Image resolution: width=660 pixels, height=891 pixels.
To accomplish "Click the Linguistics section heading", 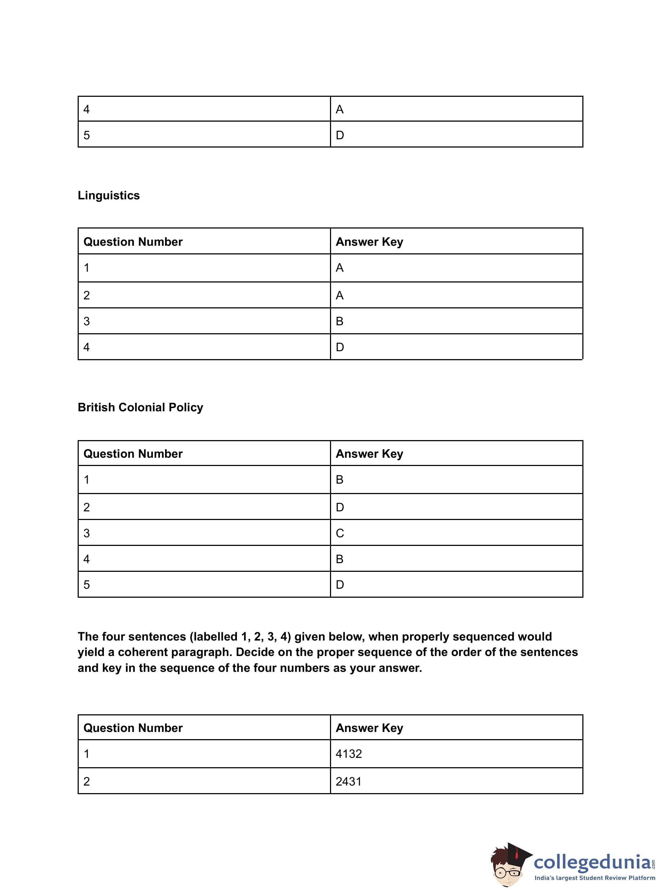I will coord(109,195).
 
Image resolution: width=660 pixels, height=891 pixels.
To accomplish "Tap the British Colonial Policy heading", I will coord(140,407).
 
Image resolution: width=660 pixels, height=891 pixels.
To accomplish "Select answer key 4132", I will coord(348,754).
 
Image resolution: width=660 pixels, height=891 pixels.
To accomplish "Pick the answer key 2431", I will coord(348,782).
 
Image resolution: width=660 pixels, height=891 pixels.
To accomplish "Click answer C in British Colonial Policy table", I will coord(340,533).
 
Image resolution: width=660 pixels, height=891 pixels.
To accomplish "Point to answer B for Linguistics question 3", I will coord(340,321).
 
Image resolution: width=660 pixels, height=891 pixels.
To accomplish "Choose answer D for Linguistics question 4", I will coord(340,347).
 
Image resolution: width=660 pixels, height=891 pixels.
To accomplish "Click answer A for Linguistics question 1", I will coord(340,267).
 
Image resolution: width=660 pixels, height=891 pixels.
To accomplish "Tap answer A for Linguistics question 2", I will coord(340,295).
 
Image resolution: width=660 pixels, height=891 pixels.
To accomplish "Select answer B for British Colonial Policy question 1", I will coord(340,479).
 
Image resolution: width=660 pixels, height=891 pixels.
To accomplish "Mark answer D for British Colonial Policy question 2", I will coord(340,507).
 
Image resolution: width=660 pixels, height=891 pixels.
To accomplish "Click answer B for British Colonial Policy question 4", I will coord(340,559).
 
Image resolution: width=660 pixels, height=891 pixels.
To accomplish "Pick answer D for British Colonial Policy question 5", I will coord(340,585).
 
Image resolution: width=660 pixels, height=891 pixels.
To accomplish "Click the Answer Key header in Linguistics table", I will coord(369,242).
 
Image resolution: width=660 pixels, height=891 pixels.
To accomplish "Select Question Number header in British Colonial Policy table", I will coord(133,454).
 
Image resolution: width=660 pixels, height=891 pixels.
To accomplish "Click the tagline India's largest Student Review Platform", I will coord(595,878).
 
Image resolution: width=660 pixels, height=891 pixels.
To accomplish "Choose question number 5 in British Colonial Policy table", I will coord(87,585).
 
